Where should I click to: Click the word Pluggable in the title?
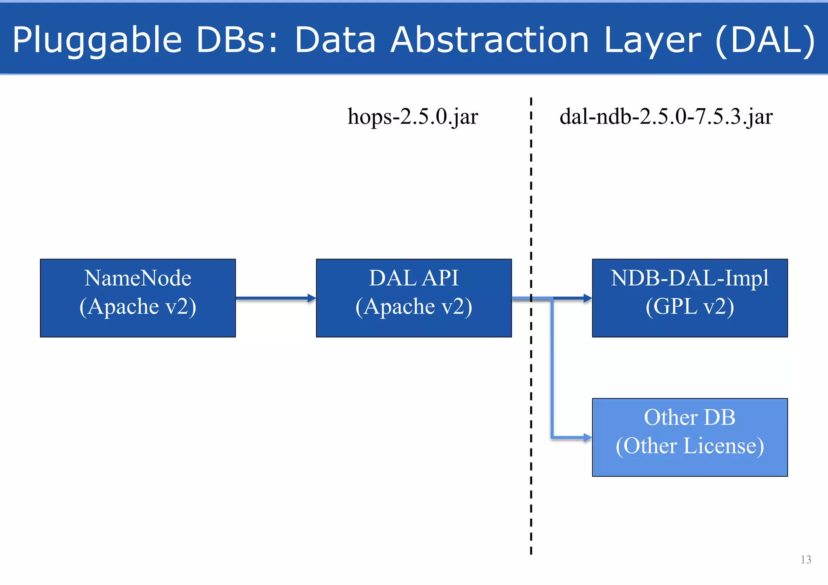(97, 40)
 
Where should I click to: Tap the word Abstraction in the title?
(490, 40)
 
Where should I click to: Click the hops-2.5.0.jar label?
(413, 117)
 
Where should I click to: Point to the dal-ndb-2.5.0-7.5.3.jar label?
(666, 117)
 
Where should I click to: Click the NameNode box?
(138, 298)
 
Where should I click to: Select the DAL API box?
(414, 298)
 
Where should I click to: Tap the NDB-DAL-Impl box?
(690, 298)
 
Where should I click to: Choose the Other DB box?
(690, 437)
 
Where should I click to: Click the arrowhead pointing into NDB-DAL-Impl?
(587, 298)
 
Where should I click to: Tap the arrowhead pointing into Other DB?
(587, 437)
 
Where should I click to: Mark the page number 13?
(806, 560)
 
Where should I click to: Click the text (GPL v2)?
(690, 306)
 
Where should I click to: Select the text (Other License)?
(690, 446)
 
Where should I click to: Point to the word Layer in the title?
(652, 40)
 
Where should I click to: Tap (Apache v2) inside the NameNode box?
(138, 306)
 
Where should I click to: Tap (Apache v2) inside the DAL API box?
(414, 306)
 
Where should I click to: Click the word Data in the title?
(335, 40)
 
